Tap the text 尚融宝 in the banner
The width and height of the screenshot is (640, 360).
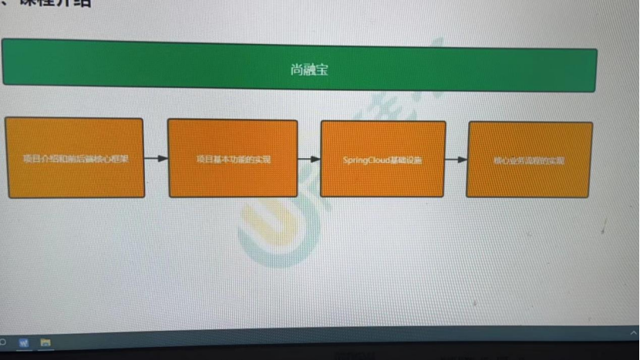309,69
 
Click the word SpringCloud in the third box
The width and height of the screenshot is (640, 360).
366,160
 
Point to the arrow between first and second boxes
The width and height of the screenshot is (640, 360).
156,159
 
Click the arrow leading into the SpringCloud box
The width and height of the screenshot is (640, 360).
309,160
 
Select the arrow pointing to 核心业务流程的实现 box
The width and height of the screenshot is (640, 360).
456,160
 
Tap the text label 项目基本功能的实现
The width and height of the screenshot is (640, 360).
233,160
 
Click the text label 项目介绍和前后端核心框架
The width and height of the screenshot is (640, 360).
75,160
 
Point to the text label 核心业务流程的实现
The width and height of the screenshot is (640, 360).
529,161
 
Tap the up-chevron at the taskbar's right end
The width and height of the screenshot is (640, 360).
634,333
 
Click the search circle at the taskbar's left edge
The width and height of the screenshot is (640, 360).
2,341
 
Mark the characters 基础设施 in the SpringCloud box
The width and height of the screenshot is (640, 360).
406,160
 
